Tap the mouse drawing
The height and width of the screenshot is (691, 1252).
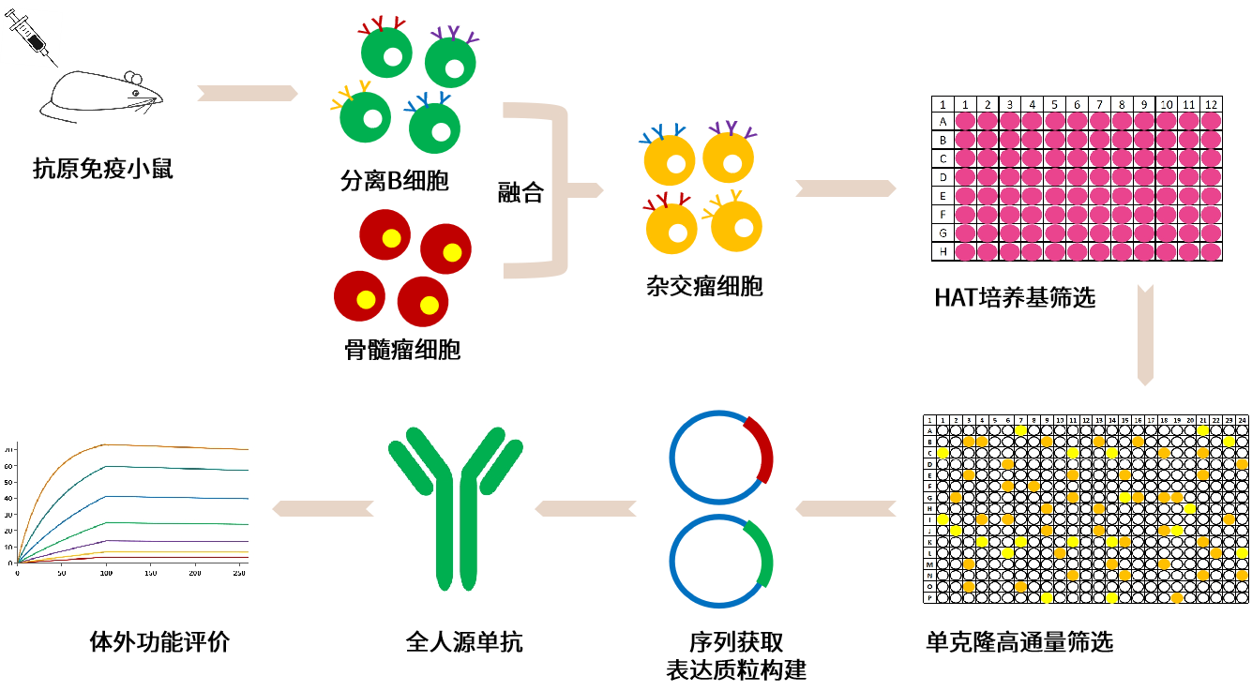tap(101, 98)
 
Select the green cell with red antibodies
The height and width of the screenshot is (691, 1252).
tap(386, 53)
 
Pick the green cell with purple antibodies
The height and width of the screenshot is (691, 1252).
tap(451, 62)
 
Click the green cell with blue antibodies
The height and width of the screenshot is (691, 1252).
tap(434, 127)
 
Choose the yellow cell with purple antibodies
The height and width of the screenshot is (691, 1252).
tap(729, 157)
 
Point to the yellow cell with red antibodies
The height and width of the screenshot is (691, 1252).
tap(671, 228)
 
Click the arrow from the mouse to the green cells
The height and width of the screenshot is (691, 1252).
tap(248, 93)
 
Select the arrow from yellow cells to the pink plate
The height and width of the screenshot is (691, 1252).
tap(845, 188)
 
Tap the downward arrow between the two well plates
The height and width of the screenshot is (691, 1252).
tap(1145, 334)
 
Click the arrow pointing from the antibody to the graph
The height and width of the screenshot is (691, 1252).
tap(323, 508)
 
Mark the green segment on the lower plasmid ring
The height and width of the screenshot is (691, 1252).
tap(761, 553)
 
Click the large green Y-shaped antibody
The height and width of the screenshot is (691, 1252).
tap(456, 508)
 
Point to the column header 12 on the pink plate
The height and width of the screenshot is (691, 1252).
tap(1211, 104)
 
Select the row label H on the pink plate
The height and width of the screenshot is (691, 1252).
tap(943, 251)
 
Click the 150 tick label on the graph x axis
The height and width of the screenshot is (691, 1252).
tap(150, 572)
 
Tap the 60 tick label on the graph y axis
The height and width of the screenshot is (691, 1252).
tap(9, 483)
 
